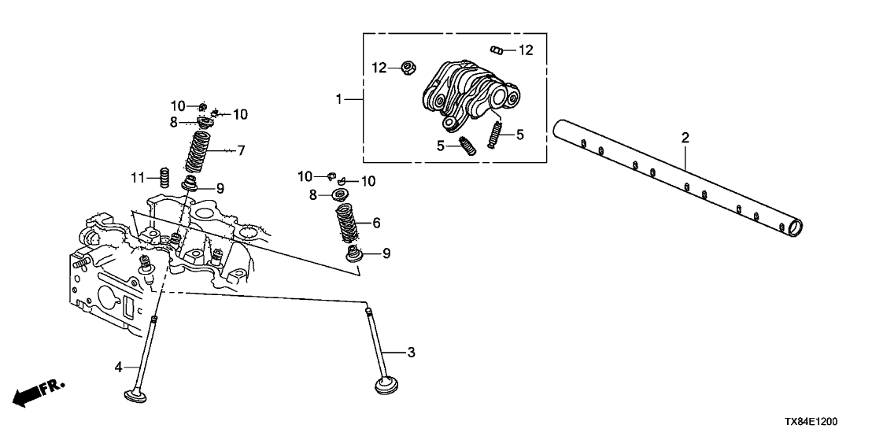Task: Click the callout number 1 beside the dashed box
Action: pyautogui.click(x=339, y=99)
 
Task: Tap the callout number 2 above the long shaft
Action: pyautogui.click(x=685, y=138)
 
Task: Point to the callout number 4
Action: pyautogui.click(x=119, y=366)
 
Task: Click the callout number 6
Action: pyautogui.click(x=376, y=224)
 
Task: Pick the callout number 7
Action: pyautogui.click(x=241, y=150)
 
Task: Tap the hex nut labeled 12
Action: pyautogui.click(x=408, y=68)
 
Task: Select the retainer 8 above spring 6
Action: pyautogui.click(x=343, y=194)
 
